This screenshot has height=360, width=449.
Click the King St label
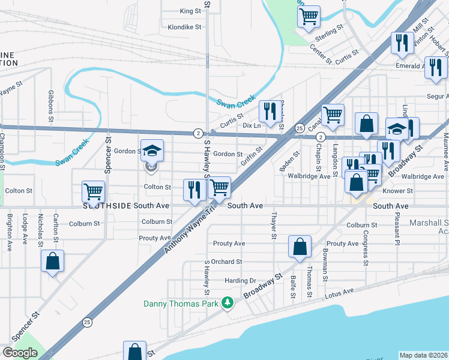tap(190, 11)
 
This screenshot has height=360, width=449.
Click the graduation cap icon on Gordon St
tap(152, 150)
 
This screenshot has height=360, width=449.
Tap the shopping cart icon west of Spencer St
tap(93, 192)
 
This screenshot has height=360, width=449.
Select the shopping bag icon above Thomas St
tap(300, 246)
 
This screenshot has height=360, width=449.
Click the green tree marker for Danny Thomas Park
tap(227, 303)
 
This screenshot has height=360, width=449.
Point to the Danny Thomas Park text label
tap(181, 303)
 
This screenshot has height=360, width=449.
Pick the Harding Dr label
tap(240, 280)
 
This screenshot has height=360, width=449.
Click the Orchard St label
tap(226, 262)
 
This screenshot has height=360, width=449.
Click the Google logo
tap(20, 352)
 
